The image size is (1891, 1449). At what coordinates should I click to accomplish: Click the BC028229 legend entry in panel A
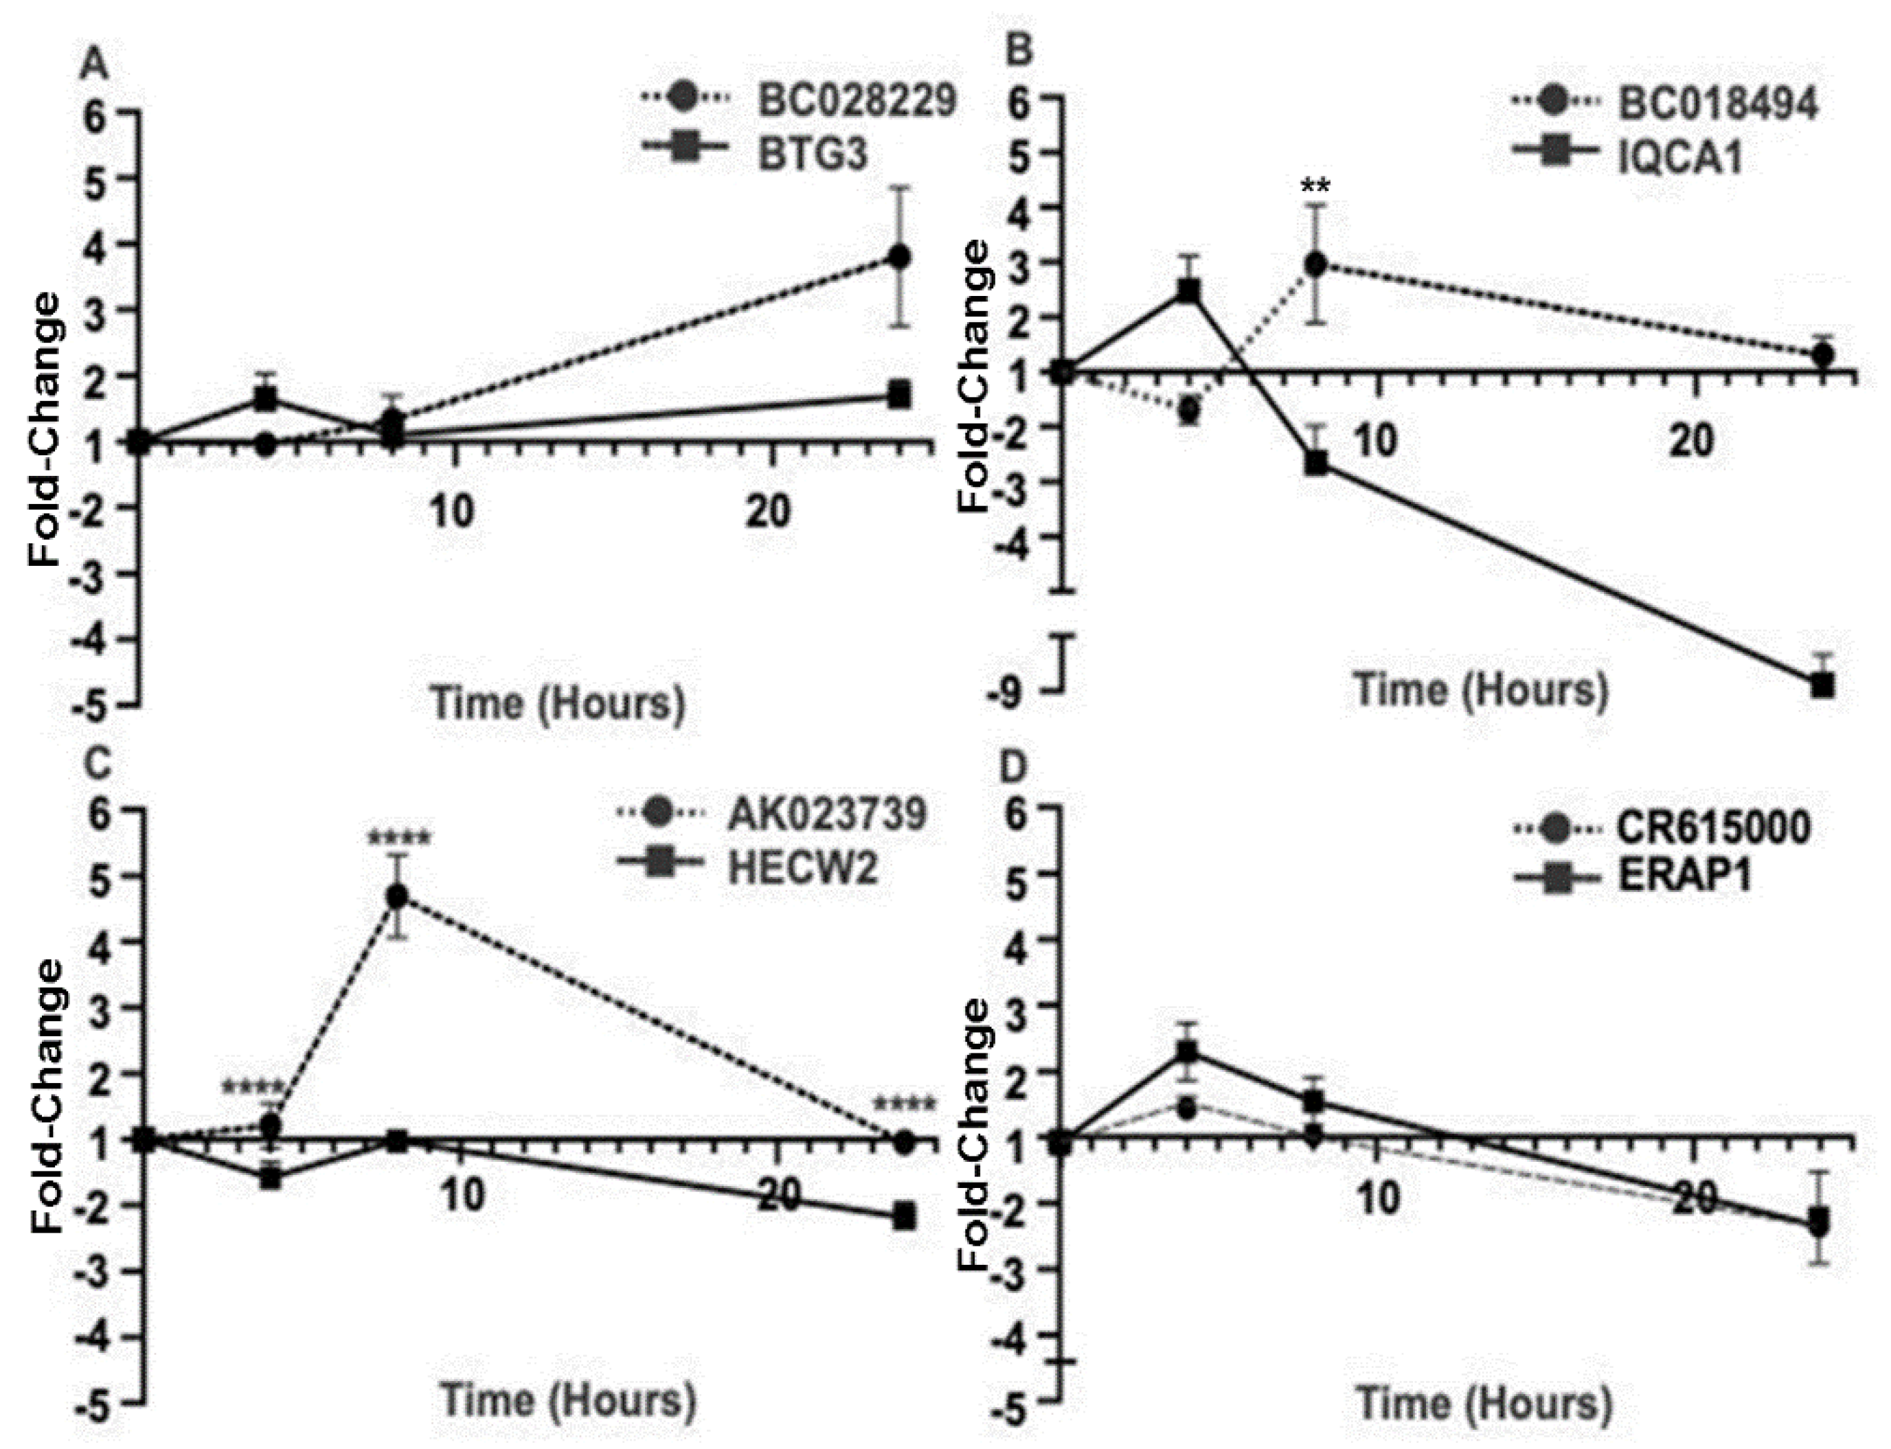point(857,101)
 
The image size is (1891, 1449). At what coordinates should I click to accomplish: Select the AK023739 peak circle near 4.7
point(397,896)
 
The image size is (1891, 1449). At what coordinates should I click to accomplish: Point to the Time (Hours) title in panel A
point(558,703)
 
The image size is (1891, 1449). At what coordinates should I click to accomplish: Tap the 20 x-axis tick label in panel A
point(768,512)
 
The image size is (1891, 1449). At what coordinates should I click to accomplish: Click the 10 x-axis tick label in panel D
point(1375,1199)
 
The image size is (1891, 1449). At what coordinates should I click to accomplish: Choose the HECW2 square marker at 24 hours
point(904,1218)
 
